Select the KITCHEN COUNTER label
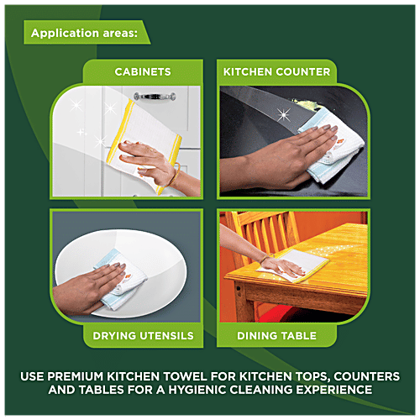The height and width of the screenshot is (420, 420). click(x=276, y=72)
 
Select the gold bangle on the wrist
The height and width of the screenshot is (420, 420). click(x=176, y=176)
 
